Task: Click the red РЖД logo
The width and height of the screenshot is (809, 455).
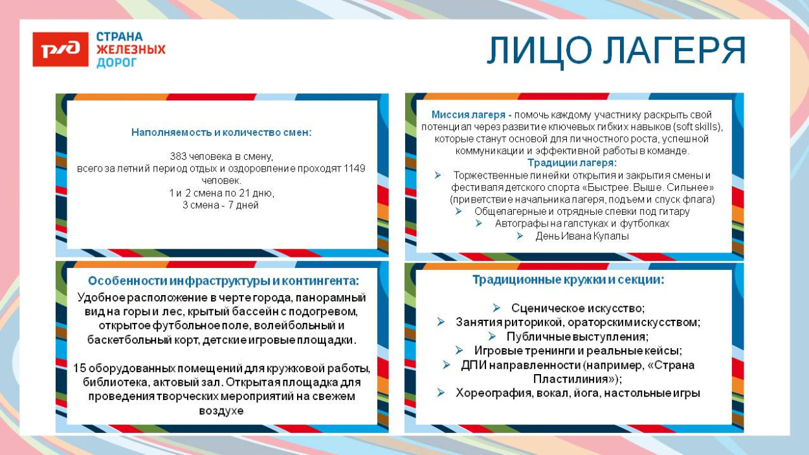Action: pyautogui.click(x=60, y=50)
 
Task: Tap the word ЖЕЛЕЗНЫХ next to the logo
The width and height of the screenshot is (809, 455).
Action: pyautogui.click(x=131, y=50)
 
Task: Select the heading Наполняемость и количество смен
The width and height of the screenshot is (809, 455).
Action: pyautogui.click(x=221, y=132)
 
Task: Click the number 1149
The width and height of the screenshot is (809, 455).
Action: pyautogui.click(x=353, y=168)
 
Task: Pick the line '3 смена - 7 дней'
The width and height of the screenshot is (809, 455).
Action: pyautogui.click(x=221, y=205)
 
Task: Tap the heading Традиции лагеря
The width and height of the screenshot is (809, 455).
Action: pyautogui.click(x=572, y=162)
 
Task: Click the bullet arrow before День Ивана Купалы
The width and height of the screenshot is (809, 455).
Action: pyautogui.click(x=520, y=236)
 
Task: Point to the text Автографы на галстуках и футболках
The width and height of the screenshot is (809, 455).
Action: pyautogui.click(x=582, y=223)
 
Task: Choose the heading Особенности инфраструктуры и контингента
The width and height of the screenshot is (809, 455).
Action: pyautogui.click(x=223, y=281)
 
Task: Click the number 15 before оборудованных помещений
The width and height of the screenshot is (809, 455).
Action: pyautogui.click(x=79, y=368)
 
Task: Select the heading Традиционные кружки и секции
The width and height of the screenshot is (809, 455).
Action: pyautogui.click(x=568, y=280)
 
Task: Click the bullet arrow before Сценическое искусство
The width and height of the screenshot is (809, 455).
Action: pyautogui.click(x=496, y=308)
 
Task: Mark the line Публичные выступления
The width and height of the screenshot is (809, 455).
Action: pyautogui.click(x=577, y=337)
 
